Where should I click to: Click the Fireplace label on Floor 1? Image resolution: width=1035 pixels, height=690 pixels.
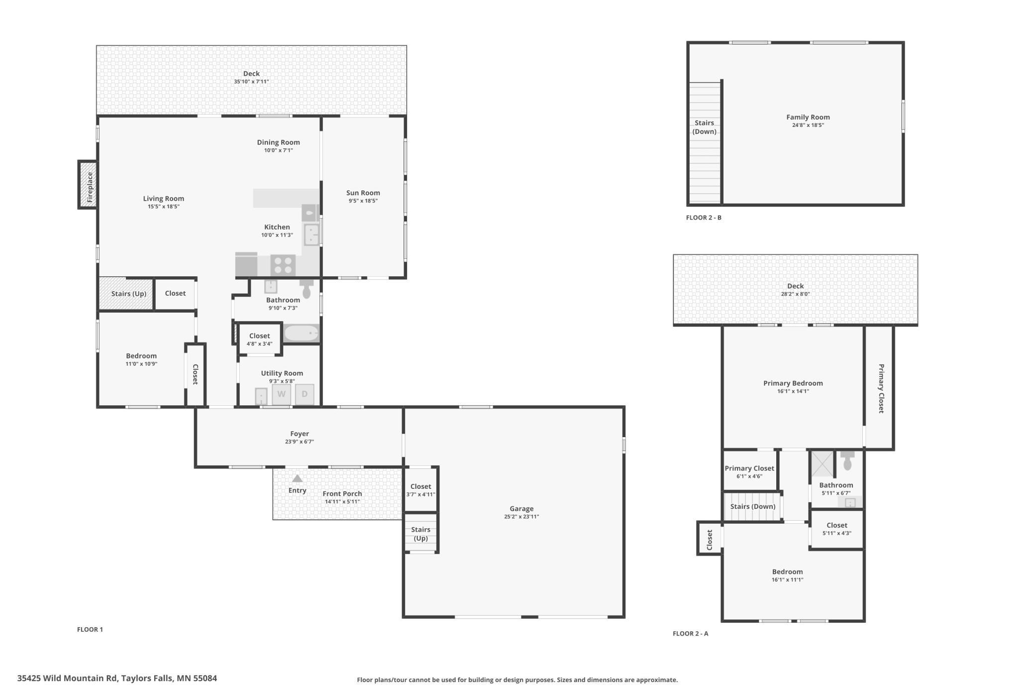(x=90, y=187)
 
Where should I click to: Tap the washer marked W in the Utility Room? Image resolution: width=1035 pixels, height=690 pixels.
(x=281, y=394)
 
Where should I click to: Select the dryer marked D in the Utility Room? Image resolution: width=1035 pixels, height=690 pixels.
(x=305, y=394)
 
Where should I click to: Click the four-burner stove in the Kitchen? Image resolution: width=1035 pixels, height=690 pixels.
(x=283, y=265)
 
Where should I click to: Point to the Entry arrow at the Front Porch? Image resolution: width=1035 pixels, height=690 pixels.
(x=297, y=478)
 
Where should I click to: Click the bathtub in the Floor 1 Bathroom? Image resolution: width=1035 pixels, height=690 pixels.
(x=302, y=333)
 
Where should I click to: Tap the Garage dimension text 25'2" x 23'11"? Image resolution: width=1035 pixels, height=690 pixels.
(x=521, y=517)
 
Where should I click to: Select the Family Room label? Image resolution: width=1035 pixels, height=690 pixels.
(x=808, y=117)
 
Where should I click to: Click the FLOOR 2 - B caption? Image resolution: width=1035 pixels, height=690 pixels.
(x=704, y=218)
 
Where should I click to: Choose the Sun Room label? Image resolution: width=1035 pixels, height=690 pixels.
(x=363, y=193)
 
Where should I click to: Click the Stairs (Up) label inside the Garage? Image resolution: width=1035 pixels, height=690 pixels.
(x=420, y=534)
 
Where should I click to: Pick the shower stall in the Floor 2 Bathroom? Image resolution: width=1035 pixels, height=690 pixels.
(x=822, y=464)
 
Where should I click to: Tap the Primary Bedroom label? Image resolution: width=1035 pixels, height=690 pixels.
(x=793, y=383)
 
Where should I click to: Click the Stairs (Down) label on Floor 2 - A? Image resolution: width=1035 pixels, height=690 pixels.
(x=753, y=507)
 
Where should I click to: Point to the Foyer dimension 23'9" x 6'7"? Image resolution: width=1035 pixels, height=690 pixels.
(x=300, y=442)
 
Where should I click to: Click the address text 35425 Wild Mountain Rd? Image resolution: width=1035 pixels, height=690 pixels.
(x=67, y=678)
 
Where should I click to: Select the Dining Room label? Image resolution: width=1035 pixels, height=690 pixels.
(x=278, y=142)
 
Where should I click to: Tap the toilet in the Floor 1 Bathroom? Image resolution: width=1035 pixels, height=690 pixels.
(x=307, y=288)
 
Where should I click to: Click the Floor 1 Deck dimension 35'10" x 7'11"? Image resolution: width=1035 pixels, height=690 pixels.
(x=251, y=82)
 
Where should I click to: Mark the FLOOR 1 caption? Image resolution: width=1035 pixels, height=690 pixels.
(x=90, y=629)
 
